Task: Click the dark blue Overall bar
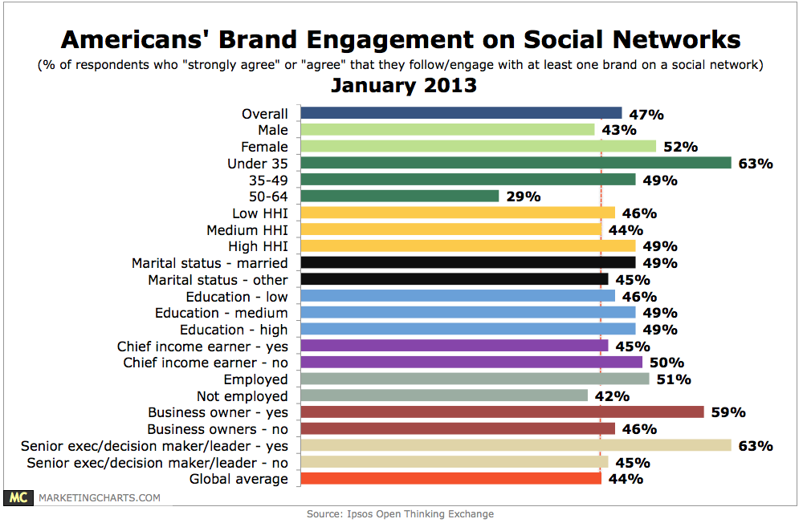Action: [x=460, y=113]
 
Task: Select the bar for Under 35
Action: [x=515, y=163]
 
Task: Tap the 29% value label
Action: [x=523, y=197]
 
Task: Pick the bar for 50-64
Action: [x=399, y=196]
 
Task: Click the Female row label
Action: [x=264, y=147]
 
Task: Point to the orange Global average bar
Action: [x=450, y=479]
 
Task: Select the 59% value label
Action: [x=728, y=413]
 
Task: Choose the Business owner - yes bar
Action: [x=501, y=412]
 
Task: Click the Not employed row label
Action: [x=242, y=396]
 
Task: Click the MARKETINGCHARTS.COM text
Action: [x=100, y=498]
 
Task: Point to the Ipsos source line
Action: [x=399, y=514]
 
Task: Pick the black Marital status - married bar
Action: [x=467, y=262]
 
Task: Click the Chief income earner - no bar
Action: [x=471, y=363]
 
